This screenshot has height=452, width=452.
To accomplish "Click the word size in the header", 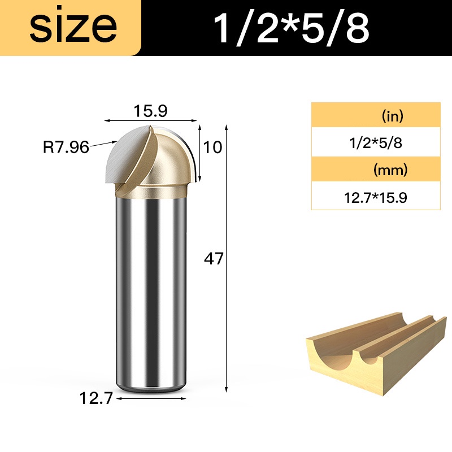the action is [x=73, y=28].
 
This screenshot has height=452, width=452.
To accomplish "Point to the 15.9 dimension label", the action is [x=150, y=111].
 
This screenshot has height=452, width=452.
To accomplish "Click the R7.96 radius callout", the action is [x=66, y=147].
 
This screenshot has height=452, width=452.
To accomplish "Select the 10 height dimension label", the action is [x=213, y=147].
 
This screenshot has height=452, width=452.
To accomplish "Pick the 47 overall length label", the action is [x=214, y=259].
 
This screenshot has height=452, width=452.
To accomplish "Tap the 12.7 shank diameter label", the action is [x=95, y=398].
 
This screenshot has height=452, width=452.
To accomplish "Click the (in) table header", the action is [x=392, y=116].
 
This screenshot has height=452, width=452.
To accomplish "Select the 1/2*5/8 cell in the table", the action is [x=376, y=143].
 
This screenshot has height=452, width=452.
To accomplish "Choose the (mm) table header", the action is [x=390, y=170].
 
